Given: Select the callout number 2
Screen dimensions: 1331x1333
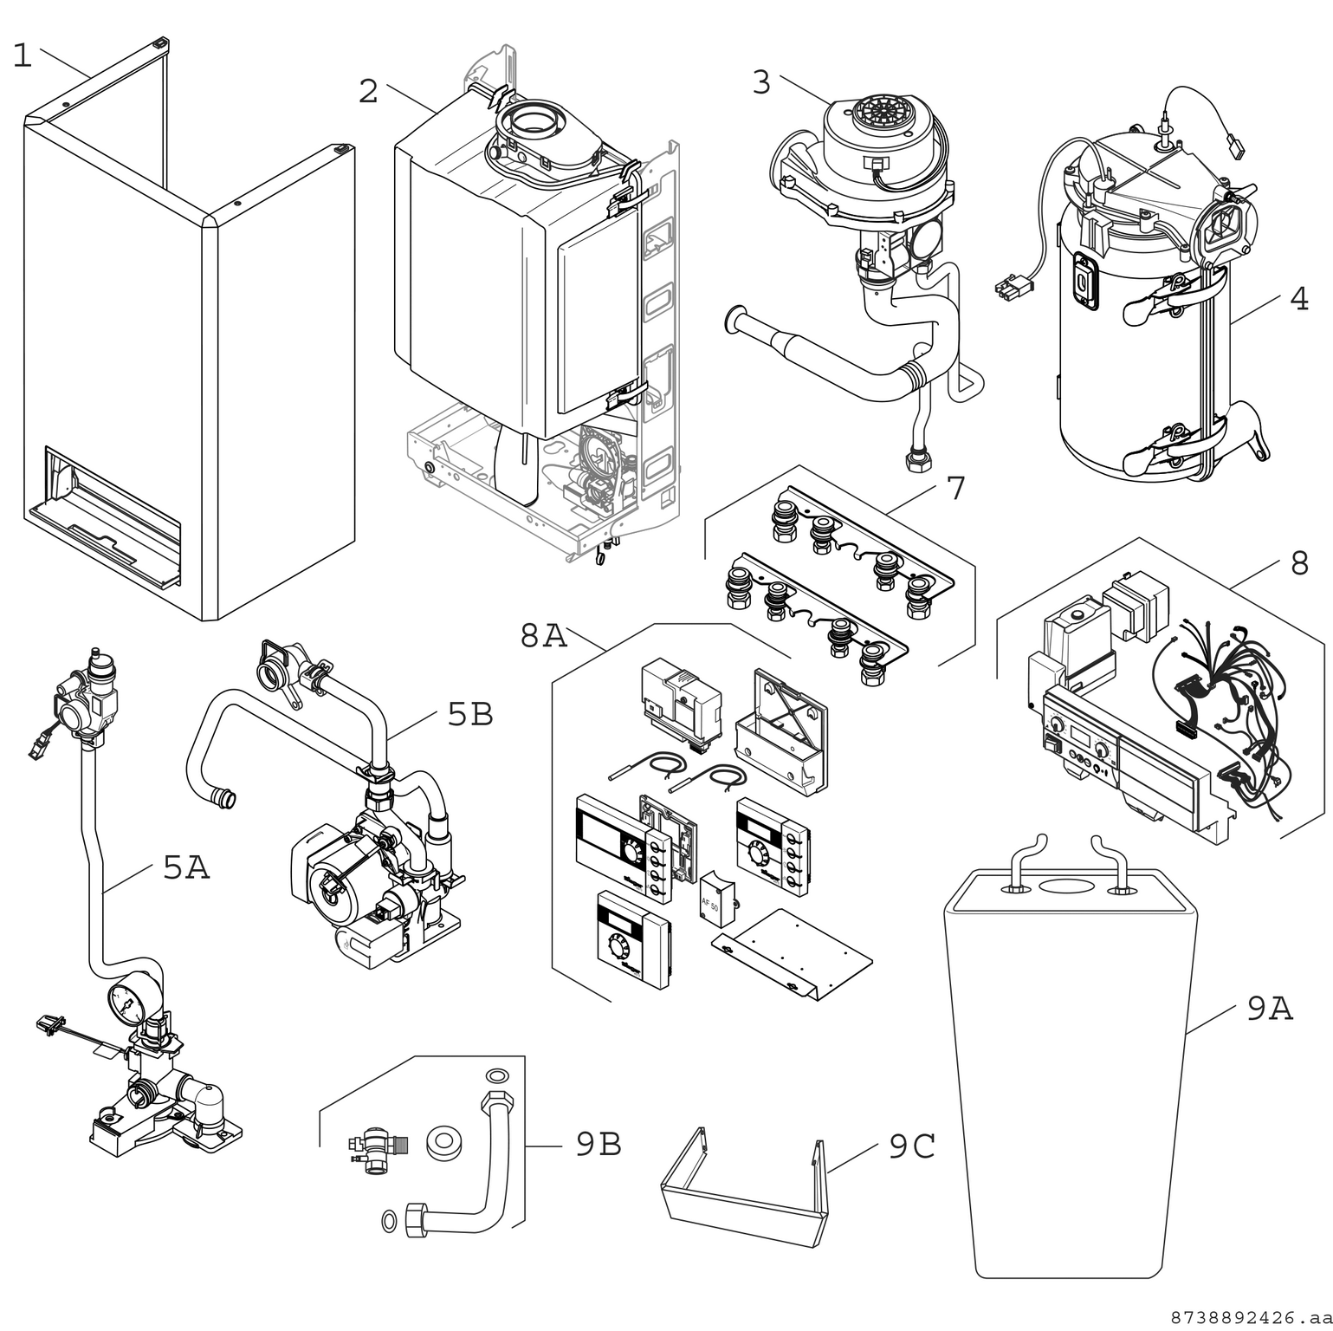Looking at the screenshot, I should point(369,91).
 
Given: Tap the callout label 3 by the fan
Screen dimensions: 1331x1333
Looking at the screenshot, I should point(760,82).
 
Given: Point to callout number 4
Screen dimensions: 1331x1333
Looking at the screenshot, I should point(1298,299).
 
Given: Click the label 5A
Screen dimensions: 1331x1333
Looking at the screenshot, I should point(186,867).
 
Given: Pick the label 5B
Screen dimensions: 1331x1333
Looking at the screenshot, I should point(470,714).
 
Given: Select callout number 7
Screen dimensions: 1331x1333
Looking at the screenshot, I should point(955,489).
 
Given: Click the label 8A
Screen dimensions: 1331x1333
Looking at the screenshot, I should point(543,636).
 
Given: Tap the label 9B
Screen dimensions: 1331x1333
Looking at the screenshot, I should point(599,1145).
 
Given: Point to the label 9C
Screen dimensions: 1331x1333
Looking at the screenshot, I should point(912,1146).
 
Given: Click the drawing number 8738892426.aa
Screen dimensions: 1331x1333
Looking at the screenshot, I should point(1250,1318).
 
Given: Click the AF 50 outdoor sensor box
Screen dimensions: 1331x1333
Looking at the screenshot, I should point(715,902).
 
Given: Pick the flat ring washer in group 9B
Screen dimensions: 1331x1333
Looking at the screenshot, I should point(442,1144).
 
